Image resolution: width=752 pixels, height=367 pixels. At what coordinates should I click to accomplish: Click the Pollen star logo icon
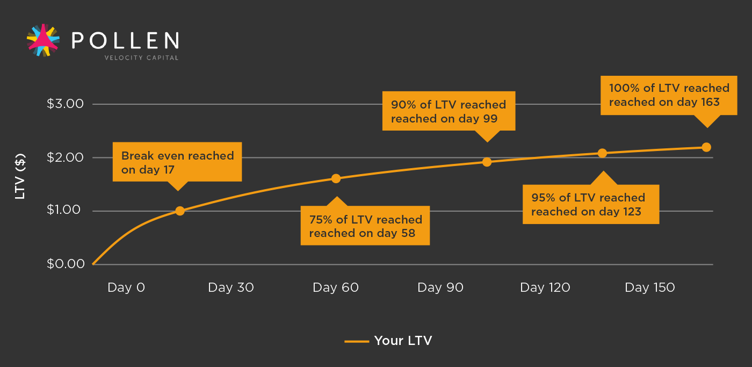43,40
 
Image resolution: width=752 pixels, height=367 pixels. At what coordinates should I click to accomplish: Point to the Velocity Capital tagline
141,57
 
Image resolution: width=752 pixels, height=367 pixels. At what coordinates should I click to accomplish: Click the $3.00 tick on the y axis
65,104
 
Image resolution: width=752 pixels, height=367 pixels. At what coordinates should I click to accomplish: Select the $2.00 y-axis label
65,157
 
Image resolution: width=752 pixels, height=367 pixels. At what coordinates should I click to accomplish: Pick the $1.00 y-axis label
64,210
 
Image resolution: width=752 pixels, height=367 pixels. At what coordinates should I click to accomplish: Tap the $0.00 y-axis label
66,264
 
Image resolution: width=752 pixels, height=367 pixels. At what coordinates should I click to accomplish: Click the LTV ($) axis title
20,176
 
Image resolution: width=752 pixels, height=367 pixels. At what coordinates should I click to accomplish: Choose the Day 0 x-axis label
126,287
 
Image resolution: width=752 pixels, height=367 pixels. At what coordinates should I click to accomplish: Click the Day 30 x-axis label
231,287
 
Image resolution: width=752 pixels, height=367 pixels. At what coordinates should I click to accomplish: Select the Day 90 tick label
440,287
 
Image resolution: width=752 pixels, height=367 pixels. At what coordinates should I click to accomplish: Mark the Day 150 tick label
650,287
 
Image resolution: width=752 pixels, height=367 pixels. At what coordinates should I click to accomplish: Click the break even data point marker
180,211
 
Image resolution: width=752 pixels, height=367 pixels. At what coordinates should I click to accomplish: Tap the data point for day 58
336,178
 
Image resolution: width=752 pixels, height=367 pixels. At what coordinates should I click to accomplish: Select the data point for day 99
487,162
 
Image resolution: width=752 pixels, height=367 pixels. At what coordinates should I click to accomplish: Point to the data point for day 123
602,153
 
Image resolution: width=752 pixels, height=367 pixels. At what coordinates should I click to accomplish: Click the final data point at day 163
706,147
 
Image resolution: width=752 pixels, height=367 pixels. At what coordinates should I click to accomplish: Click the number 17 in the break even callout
169,170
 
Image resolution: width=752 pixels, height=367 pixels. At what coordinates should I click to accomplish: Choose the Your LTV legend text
403,341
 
